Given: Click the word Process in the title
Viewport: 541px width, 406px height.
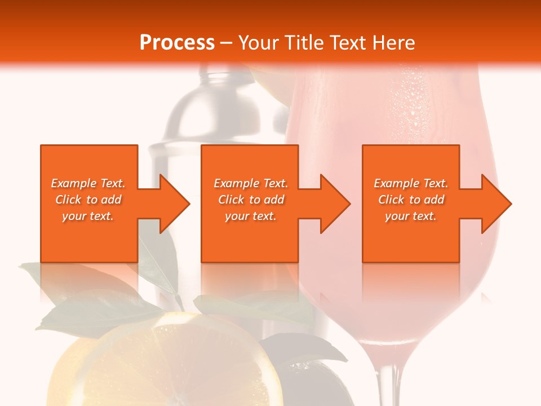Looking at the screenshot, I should [177, 43].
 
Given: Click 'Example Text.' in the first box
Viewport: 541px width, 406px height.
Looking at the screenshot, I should [88, 183].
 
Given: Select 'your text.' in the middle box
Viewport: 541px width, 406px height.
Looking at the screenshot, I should [250, 216].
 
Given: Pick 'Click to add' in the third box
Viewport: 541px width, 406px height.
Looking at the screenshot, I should [411, 200].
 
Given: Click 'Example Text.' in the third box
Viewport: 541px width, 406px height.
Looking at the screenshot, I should [411, 183].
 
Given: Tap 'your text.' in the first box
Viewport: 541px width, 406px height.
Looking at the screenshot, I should [88, 216].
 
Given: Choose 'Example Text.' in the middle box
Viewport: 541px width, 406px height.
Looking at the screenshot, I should [250, 183].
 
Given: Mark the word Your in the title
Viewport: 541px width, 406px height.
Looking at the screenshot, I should [258, 43].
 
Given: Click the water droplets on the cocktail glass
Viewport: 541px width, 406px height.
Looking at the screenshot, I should [414, 101].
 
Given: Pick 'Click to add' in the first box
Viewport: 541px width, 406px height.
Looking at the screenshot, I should [88, 200].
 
